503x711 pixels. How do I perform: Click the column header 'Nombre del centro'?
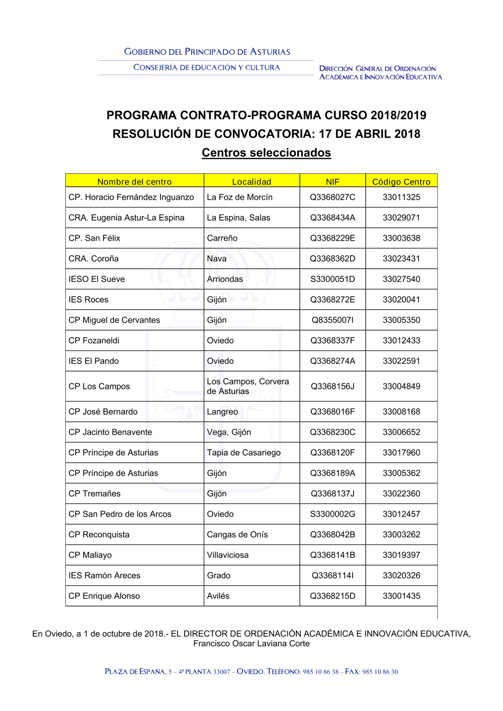[x=134, y=181]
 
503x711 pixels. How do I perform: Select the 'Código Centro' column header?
[x=401, y=181]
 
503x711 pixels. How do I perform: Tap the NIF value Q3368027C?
[x=332, y=197]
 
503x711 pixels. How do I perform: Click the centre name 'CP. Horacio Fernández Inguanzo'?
[x=131, y=197]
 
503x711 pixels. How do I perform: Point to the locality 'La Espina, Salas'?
[x=238, y=218]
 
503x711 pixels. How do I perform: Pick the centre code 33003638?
[x=401, y=238]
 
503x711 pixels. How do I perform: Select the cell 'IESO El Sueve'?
[x=97, y=279]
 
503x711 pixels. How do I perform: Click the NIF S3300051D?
[x=332, y=279]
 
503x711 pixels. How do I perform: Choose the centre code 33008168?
[x=401, y=412]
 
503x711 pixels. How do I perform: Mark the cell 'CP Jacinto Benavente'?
[x=110, y=432]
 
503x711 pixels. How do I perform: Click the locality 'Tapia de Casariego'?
[x=243, y=453]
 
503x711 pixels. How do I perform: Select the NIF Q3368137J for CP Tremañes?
[x=332, y=493]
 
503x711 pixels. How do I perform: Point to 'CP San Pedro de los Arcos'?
[x=120, y=514]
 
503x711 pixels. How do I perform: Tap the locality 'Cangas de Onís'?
[x=237, y=535]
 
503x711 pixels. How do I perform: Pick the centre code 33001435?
[x=401, y=596]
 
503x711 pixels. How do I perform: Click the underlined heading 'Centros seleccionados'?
[x=266, y=153]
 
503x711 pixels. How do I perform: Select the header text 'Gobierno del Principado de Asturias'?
[x=207, y=52]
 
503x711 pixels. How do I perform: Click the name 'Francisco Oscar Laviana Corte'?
[x=251, y=644]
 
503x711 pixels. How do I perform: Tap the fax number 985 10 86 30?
[x=380, y=672]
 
